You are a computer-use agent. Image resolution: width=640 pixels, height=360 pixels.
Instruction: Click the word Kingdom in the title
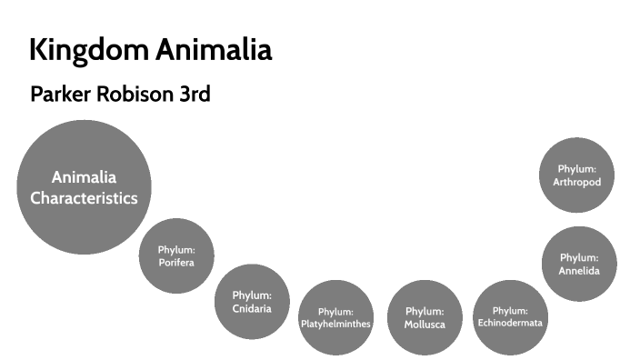[87, 50]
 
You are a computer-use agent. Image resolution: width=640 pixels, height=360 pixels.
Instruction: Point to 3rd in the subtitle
[193, 95]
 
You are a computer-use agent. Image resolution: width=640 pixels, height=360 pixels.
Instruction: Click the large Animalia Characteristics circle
[84, 186]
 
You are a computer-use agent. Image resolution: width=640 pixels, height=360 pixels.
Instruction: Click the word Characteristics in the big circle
[84, 197]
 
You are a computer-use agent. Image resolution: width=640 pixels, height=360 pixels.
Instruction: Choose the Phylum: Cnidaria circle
[252, 301]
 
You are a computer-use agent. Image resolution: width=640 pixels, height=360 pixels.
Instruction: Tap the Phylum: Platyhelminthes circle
[335, 317]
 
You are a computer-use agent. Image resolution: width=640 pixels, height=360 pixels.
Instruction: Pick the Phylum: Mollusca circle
[425, 317]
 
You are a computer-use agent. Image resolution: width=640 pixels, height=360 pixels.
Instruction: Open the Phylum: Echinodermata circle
[510, 316]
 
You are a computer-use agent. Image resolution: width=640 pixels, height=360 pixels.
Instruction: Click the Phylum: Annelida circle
[579, 264]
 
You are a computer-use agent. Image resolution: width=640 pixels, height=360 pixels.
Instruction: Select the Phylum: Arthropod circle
[576, 175]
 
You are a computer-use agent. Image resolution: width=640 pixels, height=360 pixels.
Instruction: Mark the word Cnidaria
[252, 308]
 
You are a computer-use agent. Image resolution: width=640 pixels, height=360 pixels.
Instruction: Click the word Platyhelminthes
[335, 324]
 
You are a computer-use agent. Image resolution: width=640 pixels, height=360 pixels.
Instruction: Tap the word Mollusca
[425, 325]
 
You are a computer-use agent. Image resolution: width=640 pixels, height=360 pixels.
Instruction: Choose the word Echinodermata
[510, 323]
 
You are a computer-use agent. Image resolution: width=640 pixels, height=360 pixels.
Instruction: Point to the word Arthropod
[576, 182]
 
